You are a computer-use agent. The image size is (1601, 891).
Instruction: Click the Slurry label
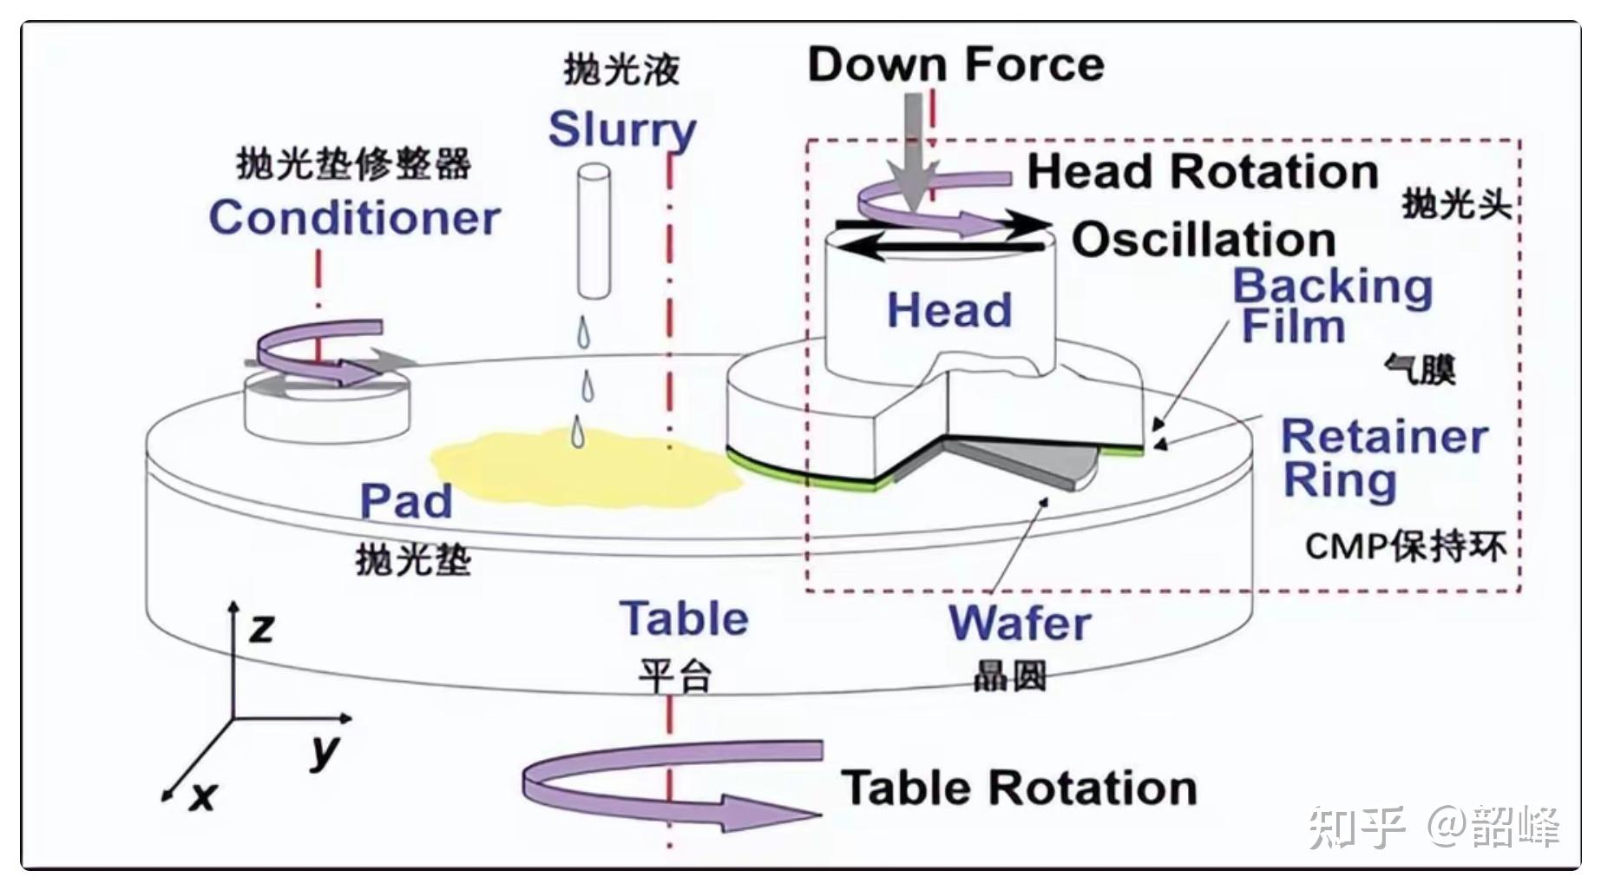(622, 130)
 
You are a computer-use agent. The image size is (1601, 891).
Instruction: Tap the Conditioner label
(354, 217)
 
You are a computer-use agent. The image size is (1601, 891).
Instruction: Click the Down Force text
(955, 64)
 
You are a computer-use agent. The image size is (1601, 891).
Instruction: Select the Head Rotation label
(1203, 171)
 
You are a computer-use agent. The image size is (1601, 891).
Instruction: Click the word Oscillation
(1204, 240)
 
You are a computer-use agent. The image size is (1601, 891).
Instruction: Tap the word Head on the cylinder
(949, 310)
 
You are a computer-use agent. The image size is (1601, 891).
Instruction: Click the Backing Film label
(1331, 306)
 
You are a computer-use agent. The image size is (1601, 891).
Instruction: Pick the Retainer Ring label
(1383, 458)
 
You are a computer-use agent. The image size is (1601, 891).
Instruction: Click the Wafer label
(1019, 624)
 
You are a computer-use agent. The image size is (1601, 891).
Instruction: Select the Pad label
(406, 501)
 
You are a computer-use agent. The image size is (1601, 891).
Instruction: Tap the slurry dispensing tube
(594, 231)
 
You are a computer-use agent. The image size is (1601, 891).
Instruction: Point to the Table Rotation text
(1019, 789)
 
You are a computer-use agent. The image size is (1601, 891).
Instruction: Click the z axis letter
(262, 627)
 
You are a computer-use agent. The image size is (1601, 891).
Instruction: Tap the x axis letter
(202, 795)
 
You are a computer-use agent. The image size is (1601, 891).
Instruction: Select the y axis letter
(325, 751)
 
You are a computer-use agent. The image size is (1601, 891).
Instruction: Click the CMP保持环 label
(1405, 547)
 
